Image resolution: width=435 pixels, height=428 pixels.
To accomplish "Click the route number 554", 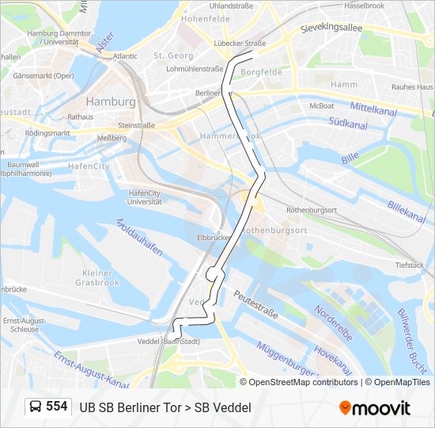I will pos(56,407).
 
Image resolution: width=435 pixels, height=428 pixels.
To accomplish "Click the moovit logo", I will pos(375,408).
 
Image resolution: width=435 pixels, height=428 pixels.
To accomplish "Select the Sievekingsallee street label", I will pos(331,28).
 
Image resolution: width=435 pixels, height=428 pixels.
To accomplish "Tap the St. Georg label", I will pos(173,55).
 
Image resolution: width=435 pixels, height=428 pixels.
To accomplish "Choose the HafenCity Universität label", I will pos(145,197).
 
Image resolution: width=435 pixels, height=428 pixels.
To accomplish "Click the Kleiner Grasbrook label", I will pos(97,277).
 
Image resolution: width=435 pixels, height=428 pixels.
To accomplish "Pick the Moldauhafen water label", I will pos(140,237).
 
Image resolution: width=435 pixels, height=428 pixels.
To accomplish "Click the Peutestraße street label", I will pos(255,304).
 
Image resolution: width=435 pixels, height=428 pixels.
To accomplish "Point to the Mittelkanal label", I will pos(373,109).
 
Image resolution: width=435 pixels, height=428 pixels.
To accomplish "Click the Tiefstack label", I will pos(410,265).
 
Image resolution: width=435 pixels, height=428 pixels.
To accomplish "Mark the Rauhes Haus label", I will pos(413,86).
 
